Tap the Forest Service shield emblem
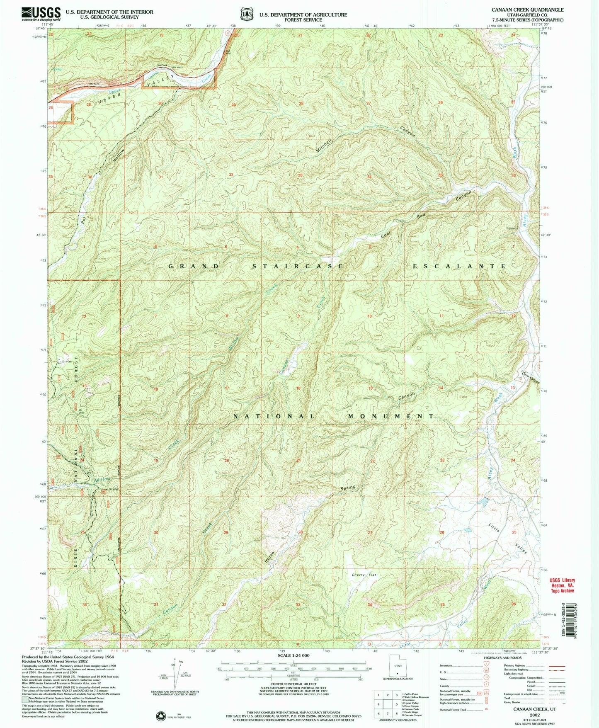247,14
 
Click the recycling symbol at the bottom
160,716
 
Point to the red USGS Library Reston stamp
562,585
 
